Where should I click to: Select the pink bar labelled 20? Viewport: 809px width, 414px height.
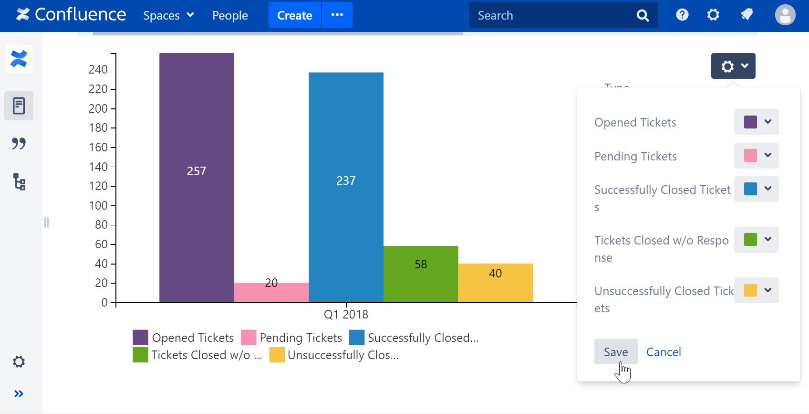[x=271, y=292]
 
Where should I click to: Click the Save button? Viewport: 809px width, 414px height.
[x=615, y=352]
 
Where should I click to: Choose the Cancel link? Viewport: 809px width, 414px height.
[x=663, y=352]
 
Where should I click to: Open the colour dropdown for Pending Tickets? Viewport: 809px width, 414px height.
[x=756, y=156]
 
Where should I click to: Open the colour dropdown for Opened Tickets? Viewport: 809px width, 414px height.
[x=756, y=122]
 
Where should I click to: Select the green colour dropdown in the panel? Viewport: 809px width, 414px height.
[x=756, y=240]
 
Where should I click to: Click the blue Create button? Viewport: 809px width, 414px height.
[x=294, y=15]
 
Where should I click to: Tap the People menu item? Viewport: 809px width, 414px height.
[x=230, y=15]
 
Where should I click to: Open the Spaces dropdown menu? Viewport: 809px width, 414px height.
[x=168, y=15]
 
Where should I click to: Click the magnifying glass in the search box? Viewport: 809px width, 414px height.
[x=643, y=16]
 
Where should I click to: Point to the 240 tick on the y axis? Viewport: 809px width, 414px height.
[x=98, y=70]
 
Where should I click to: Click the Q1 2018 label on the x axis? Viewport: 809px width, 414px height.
[x=346, y=314]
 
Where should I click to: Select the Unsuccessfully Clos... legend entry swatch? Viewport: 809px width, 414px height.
[x=277, y=355]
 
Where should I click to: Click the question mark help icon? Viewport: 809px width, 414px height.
[x=682, y=15]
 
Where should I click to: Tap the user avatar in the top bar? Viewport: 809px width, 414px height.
[x=785, y=15]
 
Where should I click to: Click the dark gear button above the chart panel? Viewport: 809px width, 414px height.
[x=733, y=66]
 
